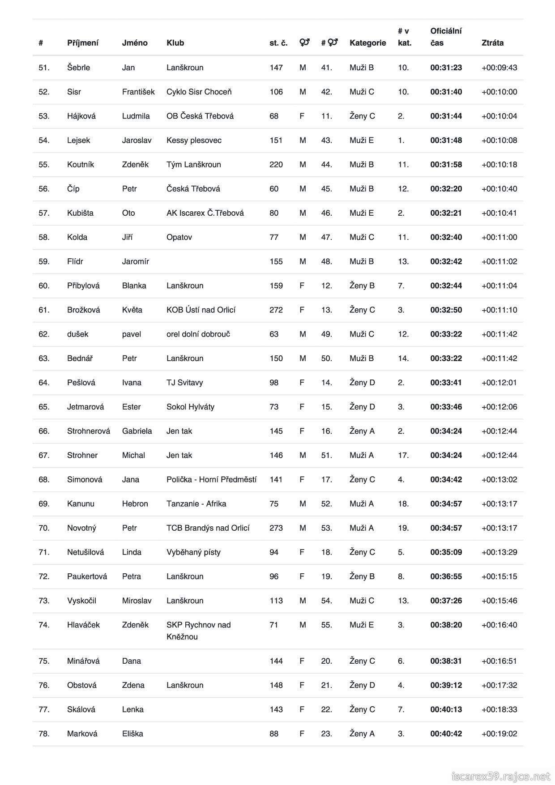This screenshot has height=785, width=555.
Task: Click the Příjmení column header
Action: tap(83, 43)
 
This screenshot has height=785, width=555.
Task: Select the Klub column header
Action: tap(175, 43)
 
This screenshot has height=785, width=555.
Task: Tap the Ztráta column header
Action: tap(492, 43)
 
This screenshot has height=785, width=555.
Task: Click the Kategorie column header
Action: tap(367, 43)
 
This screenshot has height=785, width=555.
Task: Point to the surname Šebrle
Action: tap(78, 68)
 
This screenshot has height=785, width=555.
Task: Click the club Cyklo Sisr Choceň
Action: tap(199, 92)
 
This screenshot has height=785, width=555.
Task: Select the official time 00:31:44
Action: tap(446, 116)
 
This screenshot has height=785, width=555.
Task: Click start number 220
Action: tap(276, 164)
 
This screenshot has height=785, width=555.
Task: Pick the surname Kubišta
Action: tap(80, 213)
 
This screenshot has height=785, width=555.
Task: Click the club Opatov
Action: tap(179, 237)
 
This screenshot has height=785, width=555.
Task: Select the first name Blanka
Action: tap(134, 286)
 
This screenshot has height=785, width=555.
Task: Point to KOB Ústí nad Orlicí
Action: tap(201, 310)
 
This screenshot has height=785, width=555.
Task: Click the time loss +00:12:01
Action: tap(499, 383)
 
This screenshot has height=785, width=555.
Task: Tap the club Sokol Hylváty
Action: tap(190, 407)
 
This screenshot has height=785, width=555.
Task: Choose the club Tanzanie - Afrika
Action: tap(196, 503)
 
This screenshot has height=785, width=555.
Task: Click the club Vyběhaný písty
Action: tap(193, 552)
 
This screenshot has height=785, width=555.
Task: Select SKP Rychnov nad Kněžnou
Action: tap(198, 631)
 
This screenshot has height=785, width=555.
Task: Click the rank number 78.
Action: tap(44, 734)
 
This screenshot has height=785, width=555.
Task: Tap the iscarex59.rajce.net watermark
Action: tap(500, 776)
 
